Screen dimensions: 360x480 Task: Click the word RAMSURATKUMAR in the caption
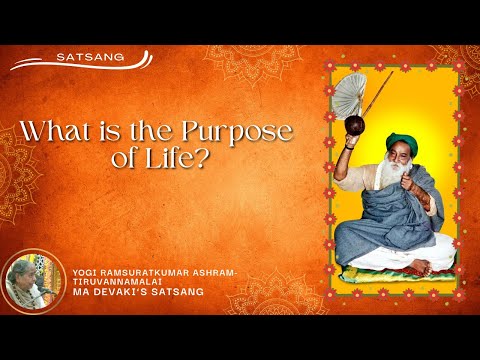click(148, 271)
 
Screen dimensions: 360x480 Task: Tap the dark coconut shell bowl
click(356, 125)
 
